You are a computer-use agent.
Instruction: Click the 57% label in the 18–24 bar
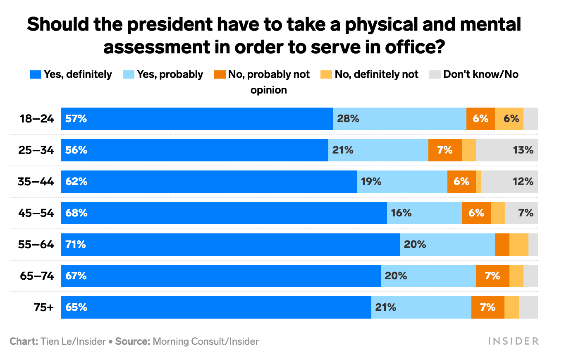(x=76, y=119)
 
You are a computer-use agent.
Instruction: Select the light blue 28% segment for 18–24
(x=399, y=119)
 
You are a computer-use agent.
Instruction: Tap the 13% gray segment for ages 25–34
(x=507, y=150)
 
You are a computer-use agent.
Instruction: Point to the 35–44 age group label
(x=36, y=182)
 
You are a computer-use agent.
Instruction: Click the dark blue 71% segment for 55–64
(x=230, y=245)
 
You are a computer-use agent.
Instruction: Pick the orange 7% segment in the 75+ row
(x=488, y=307)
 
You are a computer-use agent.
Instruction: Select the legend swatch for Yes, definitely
(x=35, y=75)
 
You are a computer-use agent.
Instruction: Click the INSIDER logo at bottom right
(x=513, y=341)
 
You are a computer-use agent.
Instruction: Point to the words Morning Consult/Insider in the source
(x=206, y=342)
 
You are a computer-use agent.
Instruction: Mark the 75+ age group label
(x=44, y=307)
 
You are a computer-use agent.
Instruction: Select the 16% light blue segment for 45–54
(x=424, y=213)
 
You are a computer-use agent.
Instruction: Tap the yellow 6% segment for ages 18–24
(x=509, y=119)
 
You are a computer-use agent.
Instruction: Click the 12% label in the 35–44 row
(x=523, y=182)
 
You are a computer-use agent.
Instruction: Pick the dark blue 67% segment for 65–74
(x=221, y=276)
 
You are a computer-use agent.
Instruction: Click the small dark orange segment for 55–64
(x=502, y=245)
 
